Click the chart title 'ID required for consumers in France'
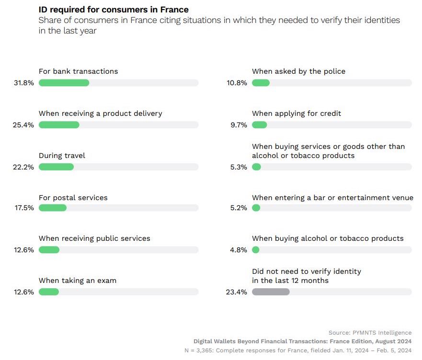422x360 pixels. click(x=114, y=10)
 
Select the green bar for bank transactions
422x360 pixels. click(x=64, y=83)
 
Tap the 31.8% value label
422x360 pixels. click(x=23, y=83)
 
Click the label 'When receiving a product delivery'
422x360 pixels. click(x=101, y=113)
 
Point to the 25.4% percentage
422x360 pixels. click(x=23, y=125)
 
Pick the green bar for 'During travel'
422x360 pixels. click(x=56, y=167)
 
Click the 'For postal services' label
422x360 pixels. click(x=73, y=198)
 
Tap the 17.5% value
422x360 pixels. click(x=23, y=208)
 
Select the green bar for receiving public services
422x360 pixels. click(x=49, y=250)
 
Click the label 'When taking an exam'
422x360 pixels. click(x=78, y=281)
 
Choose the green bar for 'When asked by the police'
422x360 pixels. click(x=261, y=83)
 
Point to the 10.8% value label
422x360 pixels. click(x=237, y=83)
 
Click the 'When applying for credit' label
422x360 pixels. click(x=297, y=113)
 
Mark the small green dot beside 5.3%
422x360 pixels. click(x=256, y=167)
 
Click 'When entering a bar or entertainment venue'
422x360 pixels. click(x=332, y=198)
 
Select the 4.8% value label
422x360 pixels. click(x=238, y=250)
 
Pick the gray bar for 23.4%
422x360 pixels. click(x=271, y=292)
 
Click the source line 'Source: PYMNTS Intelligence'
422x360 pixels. click(x=370, y=333)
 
